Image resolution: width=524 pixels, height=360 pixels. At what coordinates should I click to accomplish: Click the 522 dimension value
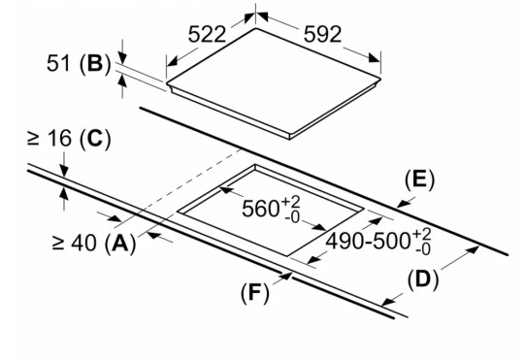click(x=208, y=34)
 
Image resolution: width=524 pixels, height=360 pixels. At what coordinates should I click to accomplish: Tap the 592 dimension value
click(x=323, y=34)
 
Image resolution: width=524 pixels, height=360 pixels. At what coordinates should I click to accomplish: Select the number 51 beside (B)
click(x=58, y=63)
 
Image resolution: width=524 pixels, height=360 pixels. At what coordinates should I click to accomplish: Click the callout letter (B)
click(x=95, y=63)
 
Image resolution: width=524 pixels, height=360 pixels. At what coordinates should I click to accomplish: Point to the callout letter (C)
click(x=95, y=138)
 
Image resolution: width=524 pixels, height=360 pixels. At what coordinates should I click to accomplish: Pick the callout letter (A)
click(x=120, y=243)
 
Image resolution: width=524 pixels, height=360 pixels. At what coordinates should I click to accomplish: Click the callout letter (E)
click(x=420, y=180)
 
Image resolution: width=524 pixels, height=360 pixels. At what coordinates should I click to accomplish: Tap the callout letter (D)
click(x=423, y=279)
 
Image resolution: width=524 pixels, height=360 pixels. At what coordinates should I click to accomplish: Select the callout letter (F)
click(x=254, y=293)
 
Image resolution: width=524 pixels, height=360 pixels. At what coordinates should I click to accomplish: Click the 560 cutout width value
click(x=260, y=209)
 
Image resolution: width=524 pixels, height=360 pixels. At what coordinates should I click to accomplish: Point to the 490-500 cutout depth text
click(x=368, y=241)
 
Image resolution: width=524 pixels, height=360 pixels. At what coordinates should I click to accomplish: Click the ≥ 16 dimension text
click(x=49, y=138)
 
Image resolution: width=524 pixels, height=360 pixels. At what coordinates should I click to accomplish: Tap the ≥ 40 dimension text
click(x=75, y=243)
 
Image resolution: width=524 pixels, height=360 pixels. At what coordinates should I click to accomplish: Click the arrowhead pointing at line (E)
click(x=403, y=204)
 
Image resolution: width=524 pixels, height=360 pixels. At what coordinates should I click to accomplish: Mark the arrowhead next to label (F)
click(x=286, y=278)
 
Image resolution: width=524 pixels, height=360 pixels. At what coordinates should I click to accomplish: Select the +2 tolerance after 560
click(x=291, y=203)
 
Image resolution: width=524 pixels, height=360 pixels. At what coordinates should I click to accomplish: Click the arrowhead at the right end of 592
click(x=375, y=58)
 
